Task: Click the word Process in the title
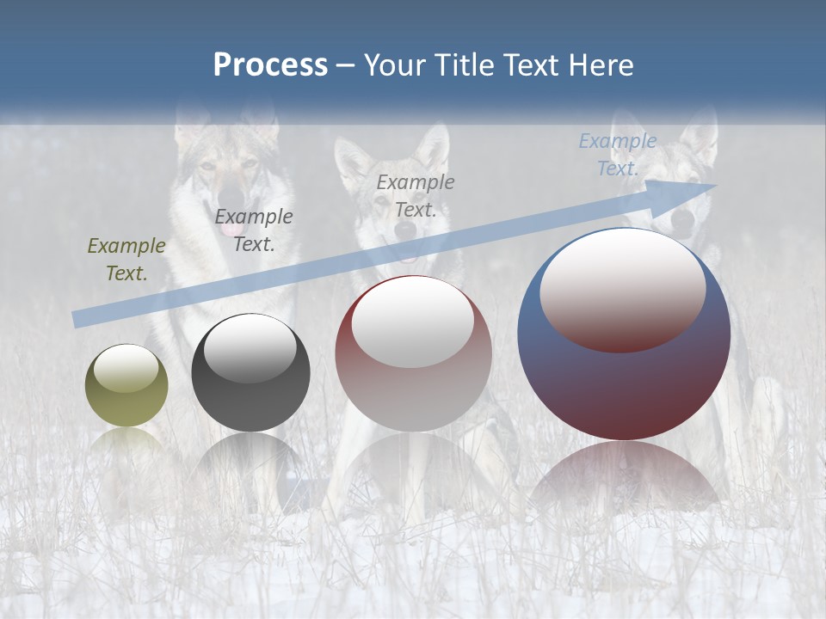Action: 270,65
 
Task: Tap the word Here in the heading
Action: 601,65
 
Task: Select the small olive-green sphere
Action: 126,385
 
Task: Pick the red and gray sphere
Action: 413,353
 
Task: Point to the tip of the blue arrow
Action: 716,185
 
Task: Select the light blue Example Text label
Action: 618,155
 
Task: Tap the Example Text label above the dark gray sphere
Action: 254,230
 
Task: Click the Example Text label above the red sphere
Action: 416,196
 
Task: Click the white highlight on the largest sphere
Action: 622,288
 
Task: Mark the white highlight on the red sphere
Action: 413,320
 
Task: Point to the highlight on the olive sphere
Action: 126,368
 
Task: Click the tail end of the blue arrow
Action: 77,320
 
